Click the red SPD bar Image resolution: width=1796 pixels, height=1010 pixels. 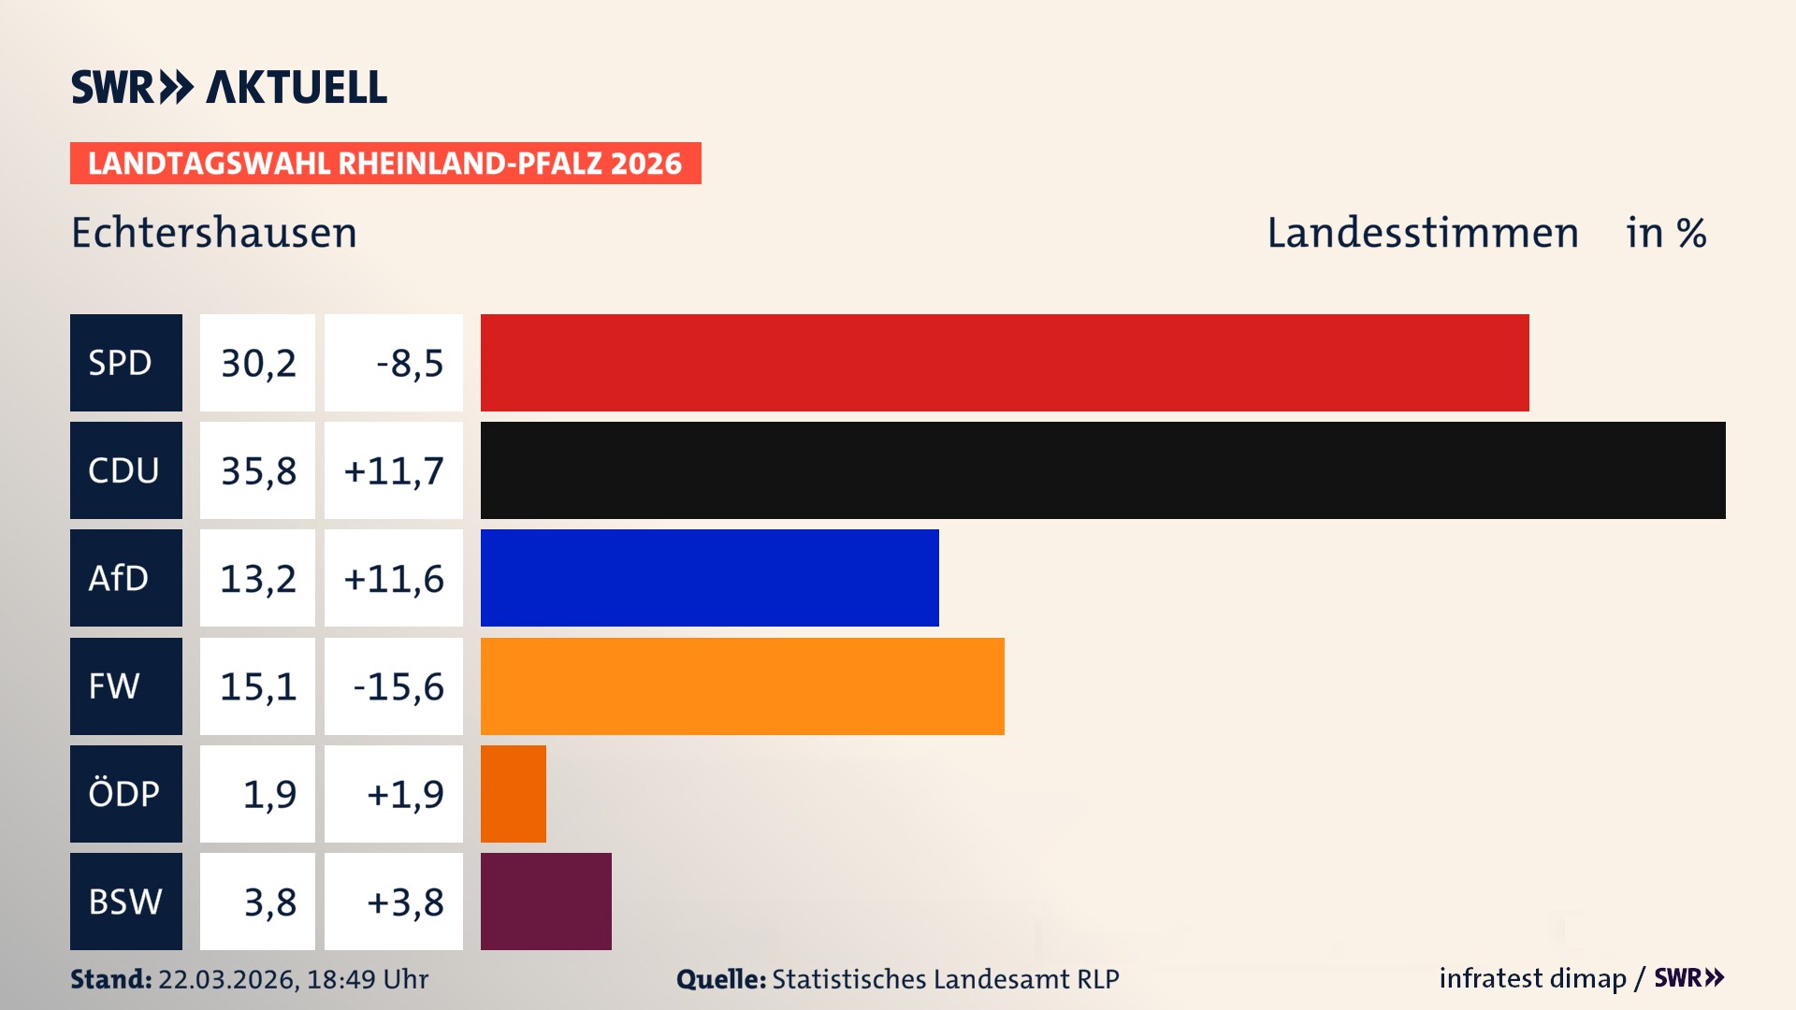1005,363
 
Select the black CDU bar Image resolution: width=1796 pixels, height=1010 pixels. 1103,470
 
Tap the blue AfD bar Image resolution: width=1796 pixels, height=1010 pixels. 709,578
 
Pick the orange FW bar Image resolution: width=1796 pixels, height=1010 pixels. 742,686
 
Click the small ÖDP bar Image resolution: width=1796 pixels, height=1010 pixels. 513,794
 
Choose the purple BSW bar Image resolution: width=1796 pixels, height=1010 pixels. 545,902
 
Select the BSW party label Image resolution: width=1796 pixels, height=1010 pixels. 125,902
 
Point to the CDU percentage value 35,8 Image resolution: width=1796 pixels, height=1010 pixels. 258,470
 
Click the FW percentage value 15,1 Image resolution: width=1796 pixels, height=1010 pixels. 258,686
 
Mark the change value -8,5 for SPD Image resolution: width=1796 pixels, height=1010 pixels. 409,363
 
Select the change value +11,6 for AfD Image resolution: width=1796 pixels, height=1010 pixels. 394,578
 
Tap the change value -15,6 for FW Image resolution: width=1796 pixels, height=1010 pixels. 398,686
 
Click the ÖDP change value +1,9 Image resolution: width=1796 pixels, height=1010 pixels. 404,794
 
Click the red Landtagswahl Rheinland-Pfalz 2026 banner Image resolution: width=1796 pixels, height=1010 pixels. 384,164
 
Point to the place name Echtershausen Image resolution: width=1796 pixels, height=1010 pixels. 214,233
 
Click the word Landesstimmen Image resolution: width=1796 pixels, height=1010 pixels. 1422,233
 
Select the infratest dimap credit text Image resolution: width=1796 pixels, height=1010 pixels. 1532,978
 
